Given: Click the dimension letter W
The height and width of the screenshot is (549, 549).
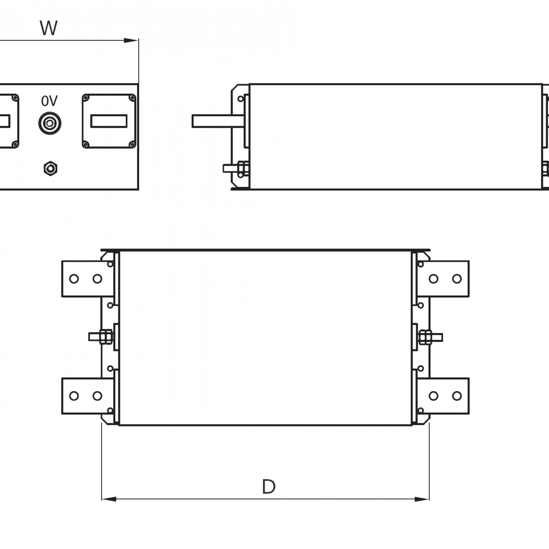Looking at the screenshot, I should tap(48, 28).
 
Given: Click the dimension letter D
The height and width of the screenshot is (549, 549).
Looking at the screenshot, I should tap(269, 487).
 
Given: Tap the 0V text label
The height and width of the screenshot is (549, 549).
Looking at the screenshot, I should tap(49, 101).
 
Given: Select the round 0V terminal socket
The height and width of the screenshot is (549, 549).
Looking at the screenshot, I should tap(49, 124).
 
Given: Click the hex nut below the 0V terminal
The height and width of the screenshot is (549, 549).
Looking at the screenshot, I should tap(50, 168).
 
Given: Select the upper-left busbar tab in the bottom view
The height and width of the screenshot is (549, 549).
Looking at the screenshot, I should tap(87, 279).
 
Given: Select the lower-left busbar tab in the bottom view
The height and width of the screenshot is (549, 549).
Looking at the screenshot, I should tap(87, 396).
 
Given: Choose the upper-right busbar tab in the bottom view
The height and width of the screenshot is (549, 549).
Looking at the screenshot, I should tap(444, 279).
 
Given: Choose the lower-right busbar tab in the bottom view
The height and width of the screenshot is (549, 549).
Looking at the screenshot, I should tap(444, 396).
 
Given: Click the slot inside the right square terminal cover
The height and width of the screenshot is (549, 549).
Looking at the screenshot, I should tap(109, 121).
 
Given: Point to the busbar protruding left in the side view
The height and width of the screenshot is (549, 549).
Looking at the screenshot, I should tap(215, 121).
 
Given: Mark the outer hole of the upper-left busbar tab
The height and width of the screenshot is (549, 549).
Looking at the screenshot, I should tap(74, 279).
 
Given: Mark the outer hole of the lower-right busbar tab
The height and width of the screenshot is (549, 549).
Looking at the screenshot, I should tap(457, 396).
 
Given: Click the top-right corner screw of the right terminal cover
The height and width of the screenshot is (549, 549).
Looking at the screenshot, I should tap(132, 97).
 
